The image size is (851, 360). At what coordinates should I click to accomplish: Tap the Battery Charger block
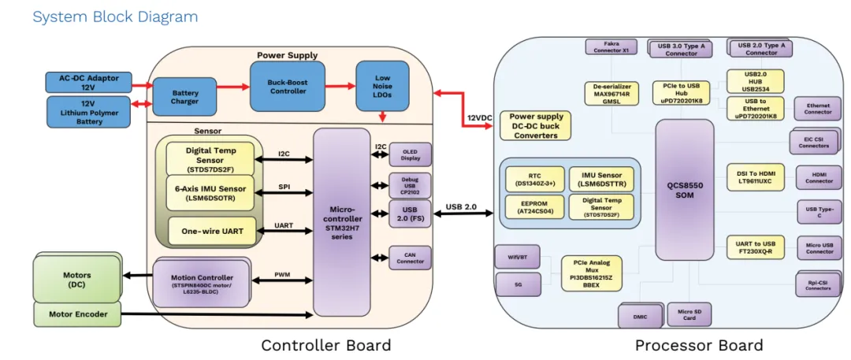pyautogui.click(x=185, y=98)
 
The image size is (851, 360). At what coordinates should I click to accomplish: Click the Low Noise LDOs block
pyautogui.click(x=381, y=85)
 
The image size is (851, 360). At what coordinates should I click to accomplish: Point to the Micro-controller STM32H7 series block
pyautogui.click(x=341, y=222)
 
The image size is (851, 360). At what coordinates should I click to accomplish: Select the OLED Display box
pyautogui.click(x=410, y=154)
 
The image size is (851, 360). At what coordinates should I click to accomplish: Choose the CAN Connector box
pyautogui.click(x=410, y=257)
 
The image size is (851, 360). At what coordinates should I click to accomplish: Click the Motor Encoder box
pyautogui.click(x=77, y=314)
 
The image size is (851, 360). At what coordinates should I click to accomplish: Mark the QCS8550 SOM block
pyautogui.click(x=685, y=190)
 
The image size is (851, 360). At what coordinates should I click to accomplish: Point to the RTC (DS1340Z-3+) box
pyautogui.click(x=535, y=177)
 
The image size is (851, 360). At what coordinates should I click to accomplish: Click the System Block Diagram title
pyautogui.click(x=115, y=17)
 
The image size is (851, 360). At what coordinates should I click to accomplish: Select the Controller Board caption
pyautogui.click(x=325, y=345)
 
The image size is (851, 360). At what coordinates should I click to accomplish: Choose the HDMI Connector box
pyautogui.click(x=819, y=176)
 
